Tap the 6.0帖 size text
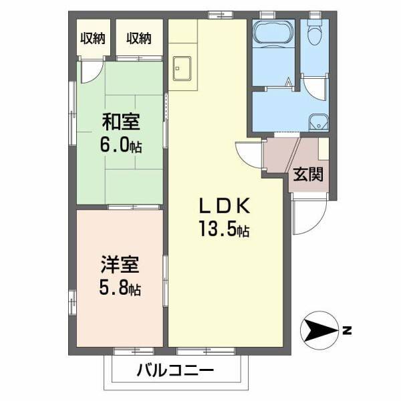tap(122, 145)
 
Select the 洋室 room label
tap(120, 265)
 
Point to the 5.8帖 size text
tap(120, 289)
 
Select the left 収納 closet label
tap(93, 38)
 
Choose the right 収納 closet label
tap(140, 38)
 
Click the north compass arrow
tap(321, 329)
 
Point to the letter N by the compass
tap(347, 329)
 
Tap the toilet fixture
tap(314, 31)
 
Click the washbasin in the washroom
tap(319, 122)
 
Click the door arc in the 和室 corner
tap(90, 72)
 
